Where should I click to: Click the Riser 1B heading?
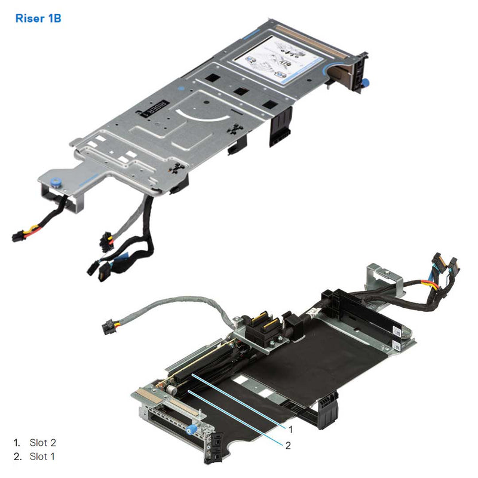[x=38, y=19]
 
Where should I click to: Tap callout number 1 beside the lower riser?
[x=291, y=429]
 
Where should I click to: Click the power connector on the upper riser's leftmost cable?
[x=17, y=237]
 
